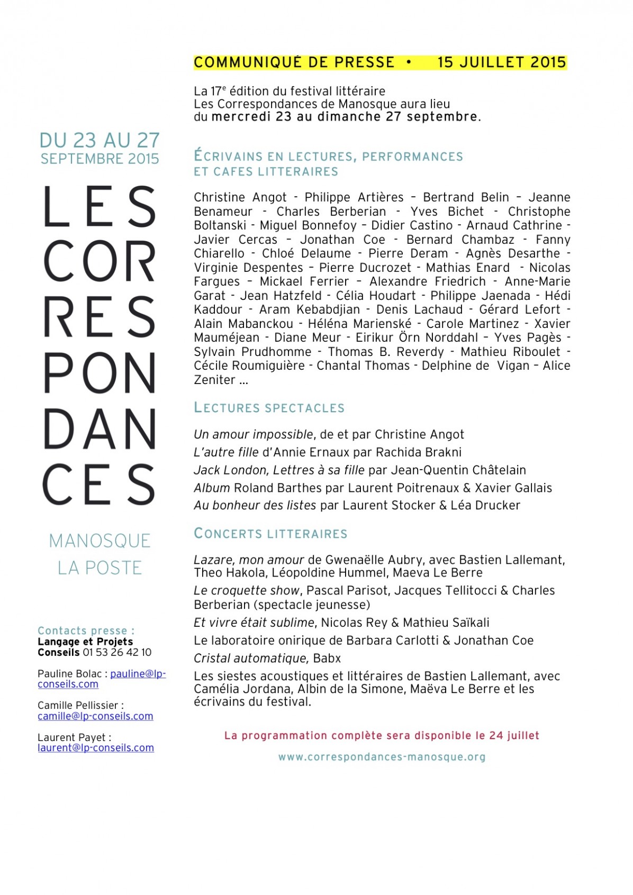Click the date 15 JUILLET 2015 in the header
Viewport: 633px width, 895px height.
(501, 62)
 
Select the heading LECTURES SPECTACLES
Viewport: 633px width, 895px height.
(269, 408)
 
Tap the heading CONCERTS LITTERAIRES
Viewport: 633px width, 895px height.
(270, 533)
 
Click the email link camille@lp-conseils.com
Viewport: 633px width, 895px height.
(95, 716)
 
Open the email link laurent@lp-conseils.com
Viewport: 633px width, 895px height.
(96, 748)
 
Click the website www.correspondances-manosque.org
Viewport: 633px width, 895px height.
(382, 757)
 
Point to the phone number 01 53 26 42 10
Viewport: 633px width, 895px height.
(117, 652)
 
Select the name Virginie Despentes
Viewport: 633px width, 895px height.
(248, 268)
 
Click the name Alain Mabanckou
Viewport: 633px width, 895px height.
(243, 324)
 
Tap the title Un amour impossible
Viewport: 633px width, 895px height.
(254, 435)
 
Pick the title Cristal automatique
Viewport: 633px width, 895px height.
(250, 659)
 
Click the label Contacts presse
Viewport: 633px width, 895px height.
(86, 631)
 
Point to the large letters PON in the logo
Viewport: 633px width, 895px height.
(99, 373)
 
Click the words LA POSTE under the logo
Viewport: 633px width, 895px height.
(100, 568)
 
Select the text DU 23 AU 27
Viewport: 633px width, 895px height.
(100, 140)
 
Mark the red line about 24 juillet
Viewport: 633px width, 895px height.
(382, 735)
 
